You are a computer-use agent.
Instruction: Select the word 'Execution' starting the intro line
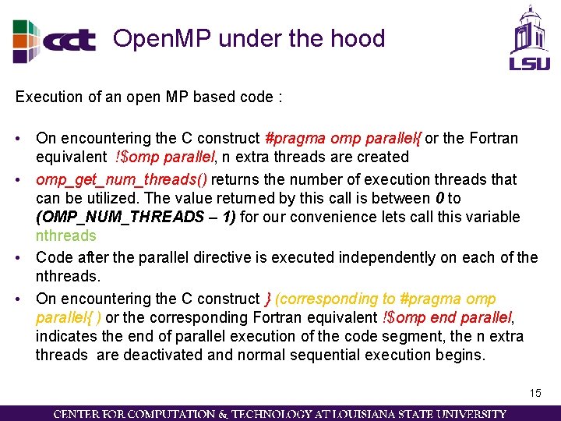(x=47, y=97)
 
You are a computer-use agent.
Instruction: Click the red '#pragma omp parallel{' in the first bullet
(x=343, y=138)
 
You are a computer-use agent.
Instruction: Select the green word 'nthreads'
(x=66, y=235)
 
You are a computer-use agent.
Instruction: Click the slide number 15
(x=535, y=393)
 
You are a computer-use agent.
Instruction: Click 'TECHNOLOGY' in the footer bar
(x=274, y=413)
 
